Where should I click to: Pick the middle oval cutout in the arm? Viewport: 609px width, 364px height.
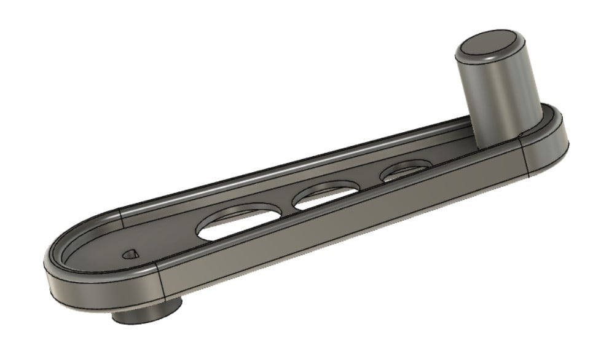[x=326, y=196]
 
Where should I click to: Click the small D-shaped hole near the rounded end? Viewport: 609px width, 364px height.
[x=129, y=253]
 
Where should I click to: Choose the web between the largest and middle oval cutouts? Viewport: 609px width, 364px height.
[x=286, y=206]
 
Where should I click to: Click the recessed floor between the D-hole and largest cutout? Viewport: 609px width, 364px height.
[x=166, y=243]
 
